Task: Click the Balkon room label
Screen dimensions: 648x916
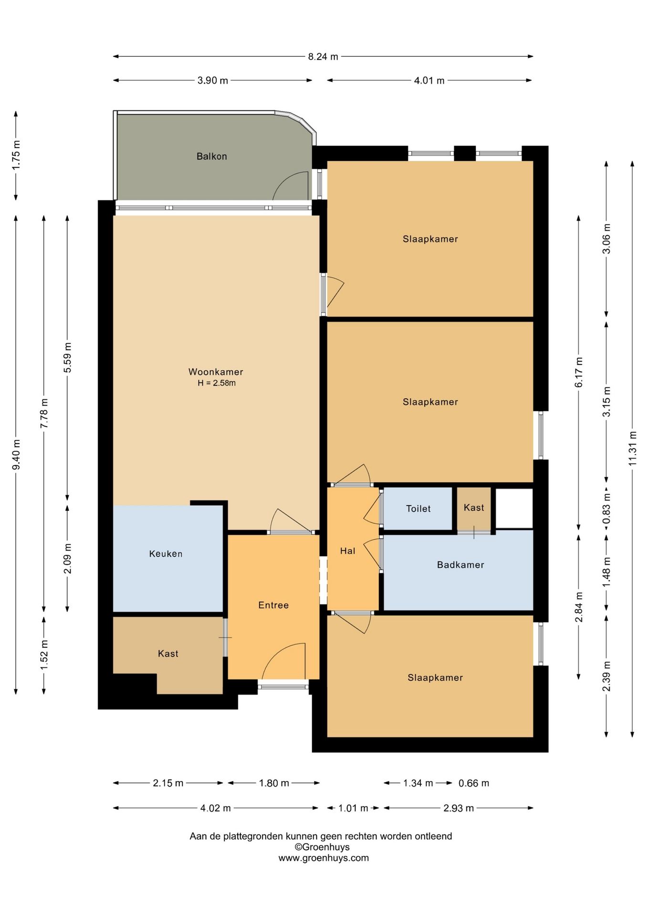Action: click(x=211, y=156)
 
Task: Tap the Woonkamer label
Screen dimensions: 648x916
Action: click(x=216, y=372)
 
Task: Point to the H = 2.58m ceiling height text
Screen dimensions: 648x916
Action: click(x=217, y=383)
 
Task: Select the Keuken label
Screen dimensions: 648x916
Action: click(x=166, y=553)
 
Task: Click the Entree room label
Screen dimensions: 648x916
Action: click(x=273, y=605)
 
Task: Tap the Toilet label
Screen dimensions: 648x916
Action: click(x=418, y=509)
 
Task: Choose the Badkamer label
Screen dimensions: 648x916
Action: click(x=460, y=565)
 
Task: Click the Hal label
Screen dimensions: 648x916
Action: click(x=347, y=551)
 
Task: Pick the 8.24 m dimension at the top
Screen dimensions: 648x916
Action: click(x=323, y=56)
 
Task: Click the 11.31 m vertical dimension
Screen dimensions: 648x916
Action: click(x=632, y=448)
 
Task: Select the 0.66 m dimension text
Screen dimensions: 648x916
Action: click(x=474, y=783)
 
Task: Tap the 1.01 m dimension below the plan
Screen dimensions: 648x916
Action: click(x=353, y=808)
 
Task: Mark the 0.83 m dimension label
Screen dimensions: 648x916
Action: click(x=606, y=508)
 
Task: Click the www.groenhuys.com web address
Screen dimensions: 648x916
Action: click(x=324, y=858)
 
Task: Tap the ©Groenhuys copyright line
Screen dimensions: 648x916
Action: click(x=322, y=847)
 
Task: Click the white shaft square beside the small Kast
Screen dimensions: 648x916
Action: click(x=514, y=508)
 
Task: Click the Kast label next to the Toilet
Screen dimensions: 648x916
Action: click(x=474, y=508)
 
